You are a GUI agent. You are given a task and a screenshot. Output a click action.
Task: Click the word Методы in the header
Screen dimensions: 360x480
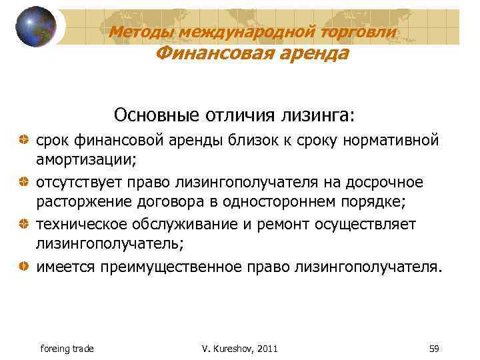tap(137, 31)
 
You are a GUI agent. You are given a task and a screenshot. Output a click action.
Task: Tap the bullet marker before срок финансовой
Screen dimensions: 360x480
tap(24, 141)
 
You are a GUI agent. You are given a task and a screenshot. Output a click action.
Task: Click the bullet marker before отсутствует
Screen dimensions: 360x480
tap(24, 182)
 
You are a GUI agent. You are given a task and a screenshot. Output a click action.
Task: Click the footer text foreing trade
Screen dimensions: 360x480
tap(67, 349)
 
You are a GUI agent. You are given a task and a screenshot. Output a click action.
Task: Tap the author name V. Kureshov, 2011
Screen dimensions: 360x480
tap(239, 349)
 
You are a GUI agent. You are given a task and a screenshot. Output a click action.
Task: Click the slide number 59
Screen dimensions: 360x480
tap(434, 349)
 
